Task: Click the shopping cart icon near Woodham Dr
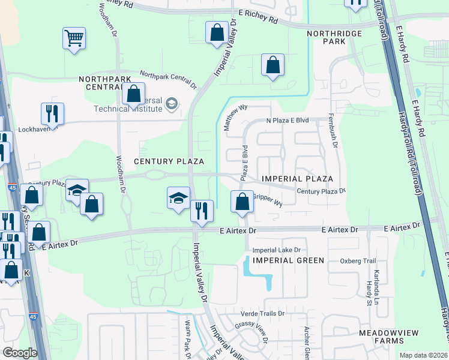74,39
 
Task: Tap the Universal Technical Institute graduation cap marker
172,104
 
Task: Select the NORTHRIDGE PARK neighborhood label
327,38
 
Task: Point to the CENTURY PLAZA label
169,161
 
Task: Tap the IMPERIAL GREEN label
288,260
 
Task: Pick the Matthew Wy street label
235,116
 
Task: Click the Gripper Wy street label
267,199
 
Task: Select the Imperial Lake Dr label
276,250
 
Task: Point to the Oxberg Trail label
357,261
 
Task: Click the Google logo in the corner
20,353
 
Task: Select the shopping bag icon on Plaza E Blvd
242,201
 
